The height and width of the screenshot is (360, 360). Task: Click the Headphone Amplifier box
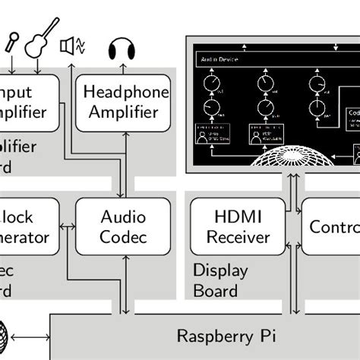123,102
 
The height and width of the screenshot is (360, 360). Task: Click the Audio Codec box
123,226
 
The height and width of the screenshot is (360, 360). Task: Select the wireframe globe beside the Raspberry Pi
5,335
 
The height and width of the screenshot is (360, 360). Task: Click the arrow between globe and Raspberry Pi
31,336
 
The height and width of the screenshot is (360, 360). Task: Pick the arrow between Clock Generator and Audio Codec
67,226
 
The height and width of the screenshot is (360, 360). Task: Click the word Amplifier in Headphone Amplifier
123,112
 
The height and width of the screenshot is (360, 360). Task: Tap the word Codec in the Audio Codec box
123,237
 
